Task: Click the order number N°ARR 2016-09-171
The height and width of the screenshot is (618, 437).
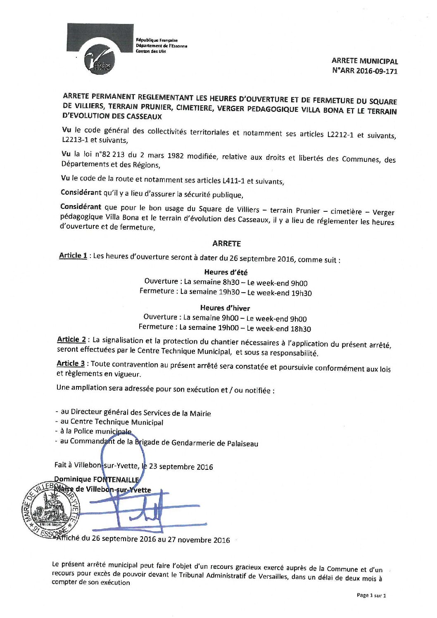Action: pyautogui.click(x=365, y=71)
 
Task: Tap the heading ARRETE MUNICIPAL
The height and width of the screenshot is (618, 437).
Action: pyautogui.click(x=365, y=61)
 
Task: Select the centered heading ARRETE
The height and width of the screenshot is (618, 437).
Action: pyautogui.click(x=226, y=244)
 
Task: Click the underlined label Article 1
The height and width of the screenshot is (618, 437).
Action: pyautogui.click(x=73, y=256)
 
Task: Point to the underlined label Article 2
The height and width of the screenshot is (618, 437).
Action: pyautogui.click(x=71, y=339)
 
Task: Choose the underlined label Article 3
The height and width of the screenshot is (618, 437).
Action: pyautogui.click(x=71, y=363)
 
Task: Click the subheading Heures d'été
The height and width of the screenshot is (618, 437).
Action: pyautogui.click(x=226, y=272)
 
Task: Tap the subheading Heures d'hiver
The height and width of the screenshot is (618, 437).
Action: pyautogui.click(x=225, y=308)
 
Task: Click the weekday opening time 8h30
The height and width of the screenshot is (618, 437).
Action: pyautogui.click(x=231, y=282)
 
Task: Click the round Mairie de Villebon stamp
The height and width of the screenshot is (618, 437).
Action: pyautogui.click(x=51, y=509)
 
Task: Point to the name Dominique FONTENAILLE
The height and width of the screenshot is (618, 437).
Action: pyautogui.click(x=97, y=479)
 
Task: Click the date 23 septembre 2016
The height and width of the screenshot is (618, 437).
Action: pyautogui.click(x=181, y=467)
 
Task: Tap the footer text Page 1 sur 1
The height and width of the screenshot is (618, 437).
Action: pyautogui.click(x=371, y=595)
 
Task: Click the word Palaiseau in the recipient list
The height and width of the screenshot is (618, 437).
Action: pyautogui.click(x=242, y=444)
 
